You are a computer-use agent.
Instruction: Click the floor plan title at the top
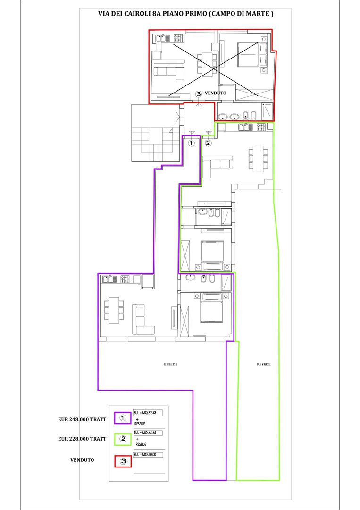[x=185, y=14]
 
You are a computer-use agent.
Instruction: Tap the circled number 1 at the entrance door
[x=192, y=143]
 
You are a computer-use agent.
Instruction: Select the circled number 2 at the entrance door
[x=208, y=143]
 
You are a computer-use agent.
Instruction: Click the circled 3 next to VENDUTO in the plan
[x=199, y=93]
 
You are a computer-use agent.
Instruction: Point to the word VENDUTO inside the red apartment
[x=216, y=93]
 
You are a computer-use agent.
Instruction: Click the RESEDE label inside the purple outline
[x=171, y=365]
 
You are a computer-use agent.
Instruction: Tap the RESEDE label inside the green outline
[x=264, y=365]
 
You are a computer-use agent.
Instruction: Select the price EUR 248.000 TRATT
[x=82, y=420]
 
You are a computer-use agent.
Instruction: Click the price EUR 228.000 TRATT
[x=82, y=439]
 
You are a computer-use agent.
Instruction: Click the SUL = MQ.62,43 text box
[x=148, y=413]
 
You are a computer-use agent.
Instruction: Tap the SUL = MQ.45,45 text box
[x=148, y=433]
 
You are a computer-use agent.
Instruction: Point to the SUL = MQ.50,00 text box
[x=148, y=454]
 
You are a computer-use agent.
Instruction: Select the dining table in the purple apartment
[x=114, y=310]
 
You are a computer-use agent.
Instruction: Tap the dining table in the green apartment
[x=258, y=159]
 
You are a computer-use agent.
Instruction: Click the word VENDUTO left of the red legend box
[x=82, y=460]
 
